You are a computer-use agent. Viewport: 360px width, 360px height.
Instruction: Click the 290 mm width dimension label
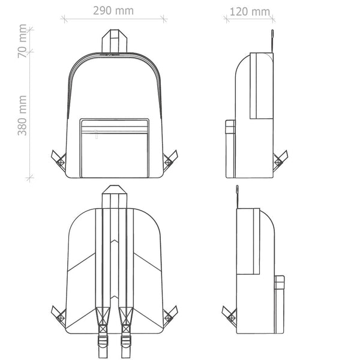point(113,11)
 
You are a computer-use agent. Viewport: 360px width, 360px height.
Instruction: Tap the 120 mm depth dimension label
point(250,12)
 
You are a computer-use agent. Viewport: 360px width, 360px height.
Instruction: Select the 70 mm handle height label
point(22,41)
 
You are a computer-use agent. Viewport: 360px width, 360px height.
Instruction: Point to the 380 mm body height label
point(22,115)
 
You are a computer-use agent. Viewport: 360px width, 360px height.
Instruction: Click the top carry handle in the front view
point(115,41)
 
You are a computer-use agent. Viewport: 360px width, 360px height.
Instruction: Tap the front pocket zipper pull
point(96,134)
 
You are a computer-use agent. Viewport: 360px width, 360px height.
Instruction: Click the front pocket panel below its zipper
point(115,155)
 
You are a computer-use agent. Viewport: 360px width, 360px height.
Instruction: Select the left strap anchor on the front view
point(59,160)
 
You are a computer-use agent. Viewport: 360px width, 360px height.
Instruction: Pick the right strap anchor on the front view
point(170,160)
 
